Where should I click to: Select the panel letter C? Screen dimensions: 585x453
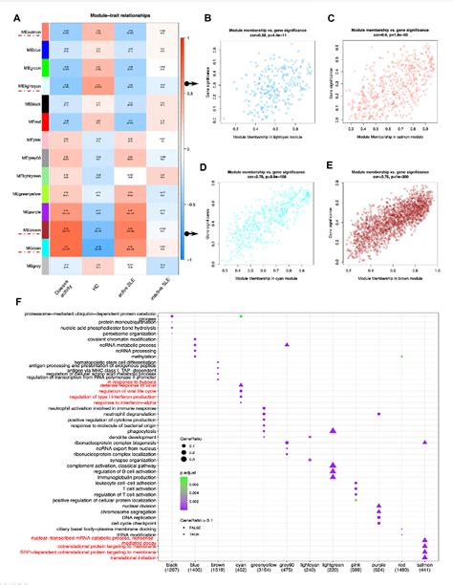(x=330, y=18)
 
